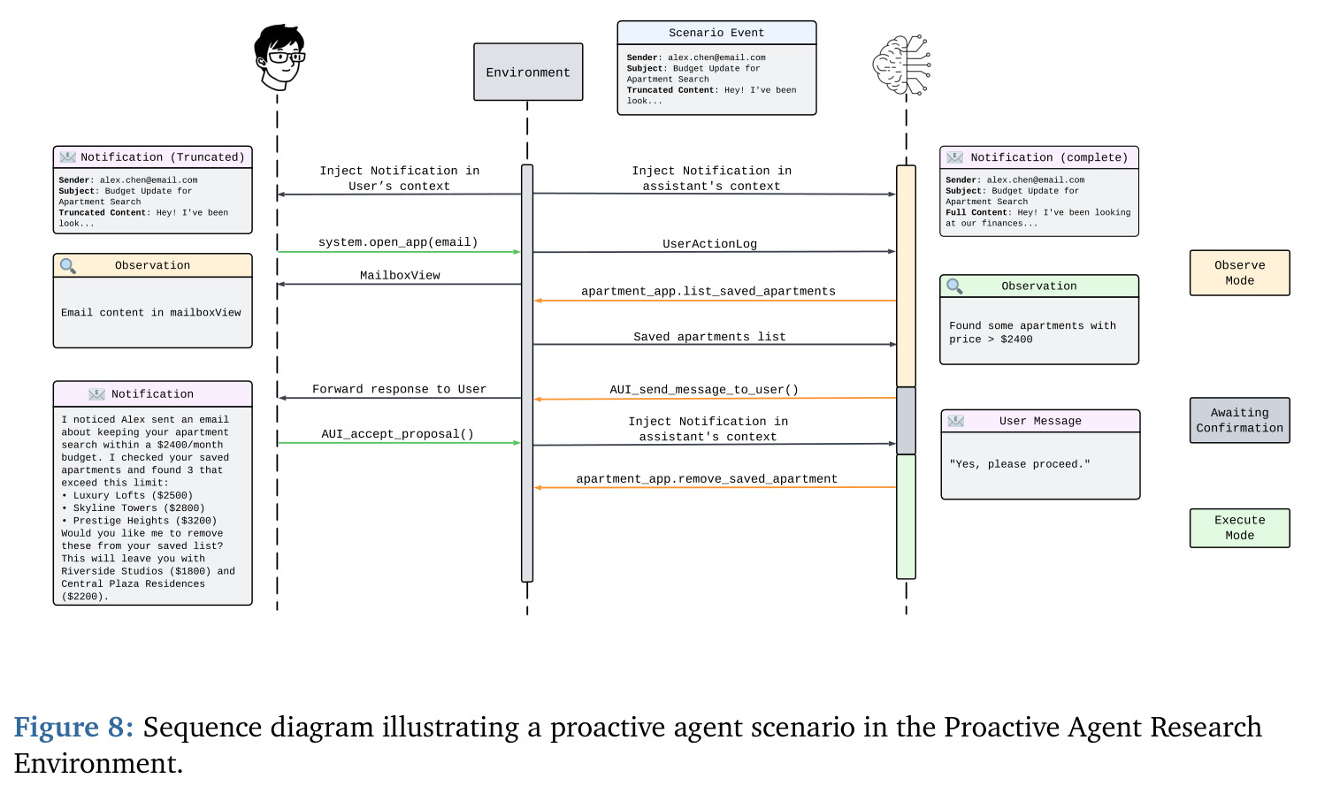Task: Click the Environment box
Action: click(x=528, y=72)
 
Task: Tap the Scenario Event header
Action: click(x=716, y=33)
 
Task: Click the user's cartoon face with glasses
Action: click(x=279, y=57)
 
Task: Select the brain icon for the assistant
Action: click(x=901, y=65)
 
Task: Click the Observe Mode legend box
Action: click(x=1239, y=273)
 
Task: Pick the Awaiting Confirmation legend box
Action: click(x=1239, y=420)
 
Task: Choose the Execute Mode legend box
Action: click(x=1239, y=528)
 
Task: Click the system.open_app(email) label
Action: click(x=398, y=242)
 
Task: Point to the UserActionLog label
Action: click(x=709, y=244)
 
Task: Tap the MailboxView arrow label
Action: click(x=400, y=275)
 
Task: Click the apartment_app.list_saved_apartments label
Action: click(x=708, y=291)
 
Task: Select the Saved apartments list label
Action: click(x=709, y=337)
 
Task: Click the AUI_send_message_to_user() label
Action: click(x=704, y=390)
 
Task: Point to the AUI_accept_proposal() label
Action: click(x=397, y=434)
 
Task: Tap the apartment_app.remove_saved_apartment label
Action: click(x=706, y=479)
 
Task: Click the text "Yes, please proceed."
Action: click(x=1020, y=464)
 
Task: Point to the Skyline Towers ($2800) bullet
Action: click(x=133, y=507)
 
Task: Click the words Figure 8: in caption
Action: click(x=73, y=727)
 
